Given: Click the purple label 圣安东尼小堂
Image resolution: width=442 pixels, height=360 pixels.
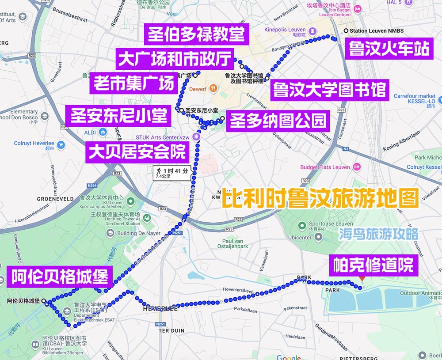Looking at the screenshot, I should [x=118, y=116].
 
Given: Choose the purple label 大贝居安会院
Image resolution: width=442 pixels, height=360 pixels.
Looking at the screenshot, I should [x=137, y=152].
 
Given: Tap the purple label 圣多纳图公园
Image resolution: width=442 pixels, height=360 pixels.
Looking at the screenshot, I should [x=278, y=120].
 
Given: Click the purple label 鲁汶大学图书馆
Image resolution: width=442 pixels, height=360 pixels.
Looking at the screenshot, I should [x=330, y=90].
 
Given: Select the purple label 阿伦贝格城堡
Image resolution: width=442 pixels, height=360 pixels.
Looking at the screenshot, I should [x=60, y=277].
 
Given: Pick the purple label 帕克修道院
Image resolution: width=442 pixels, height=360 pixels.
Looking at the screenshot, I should [x=373, y=266].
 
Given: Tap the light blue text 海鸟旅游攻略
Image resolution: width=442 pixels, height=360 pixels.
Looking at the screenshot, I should [x=378, y=234].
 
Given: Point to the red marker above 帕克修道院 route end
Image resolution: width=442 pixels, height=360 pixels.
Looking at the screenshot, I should [x=362, y=279].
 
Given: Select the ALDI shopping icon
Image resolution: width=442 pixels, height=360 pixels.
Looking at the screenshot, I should [x=103, y=132].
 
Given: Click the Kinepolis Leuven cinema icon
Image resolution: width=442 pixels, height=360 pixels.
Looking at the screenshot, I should [x=312, y=30].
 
